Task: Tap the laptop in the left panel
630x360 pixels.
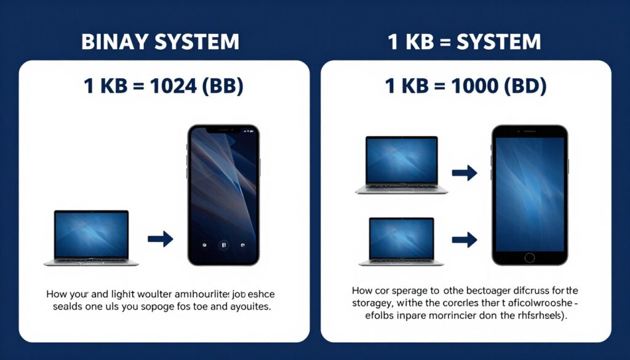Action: pos(91,238)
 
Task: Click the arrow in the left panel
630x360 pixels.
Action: pos(160,239)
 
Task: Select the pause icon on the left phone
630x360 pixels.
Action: pos(224,244)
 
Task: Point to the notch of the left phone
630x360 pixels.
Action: pos(223,130)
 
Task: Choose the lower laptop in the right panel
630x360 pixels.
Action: pos(401,241)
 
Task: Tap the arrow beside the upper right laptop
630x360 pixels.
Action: pos(465,173)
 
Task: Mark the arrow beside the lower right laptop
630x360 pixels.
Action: pos(465,239)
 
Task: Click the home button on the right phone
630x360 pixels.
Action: pos(529,257)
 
